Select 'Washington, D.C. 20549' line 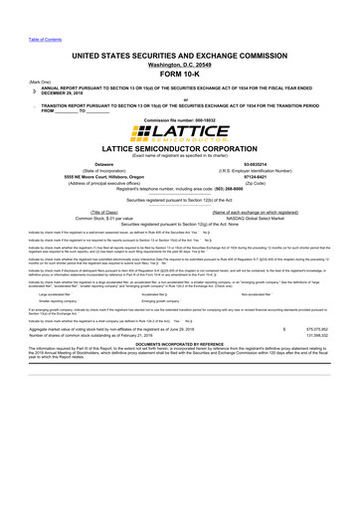pos(179,62)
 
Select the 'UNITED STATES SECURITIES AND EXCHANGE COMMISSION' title pos(180,50)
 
